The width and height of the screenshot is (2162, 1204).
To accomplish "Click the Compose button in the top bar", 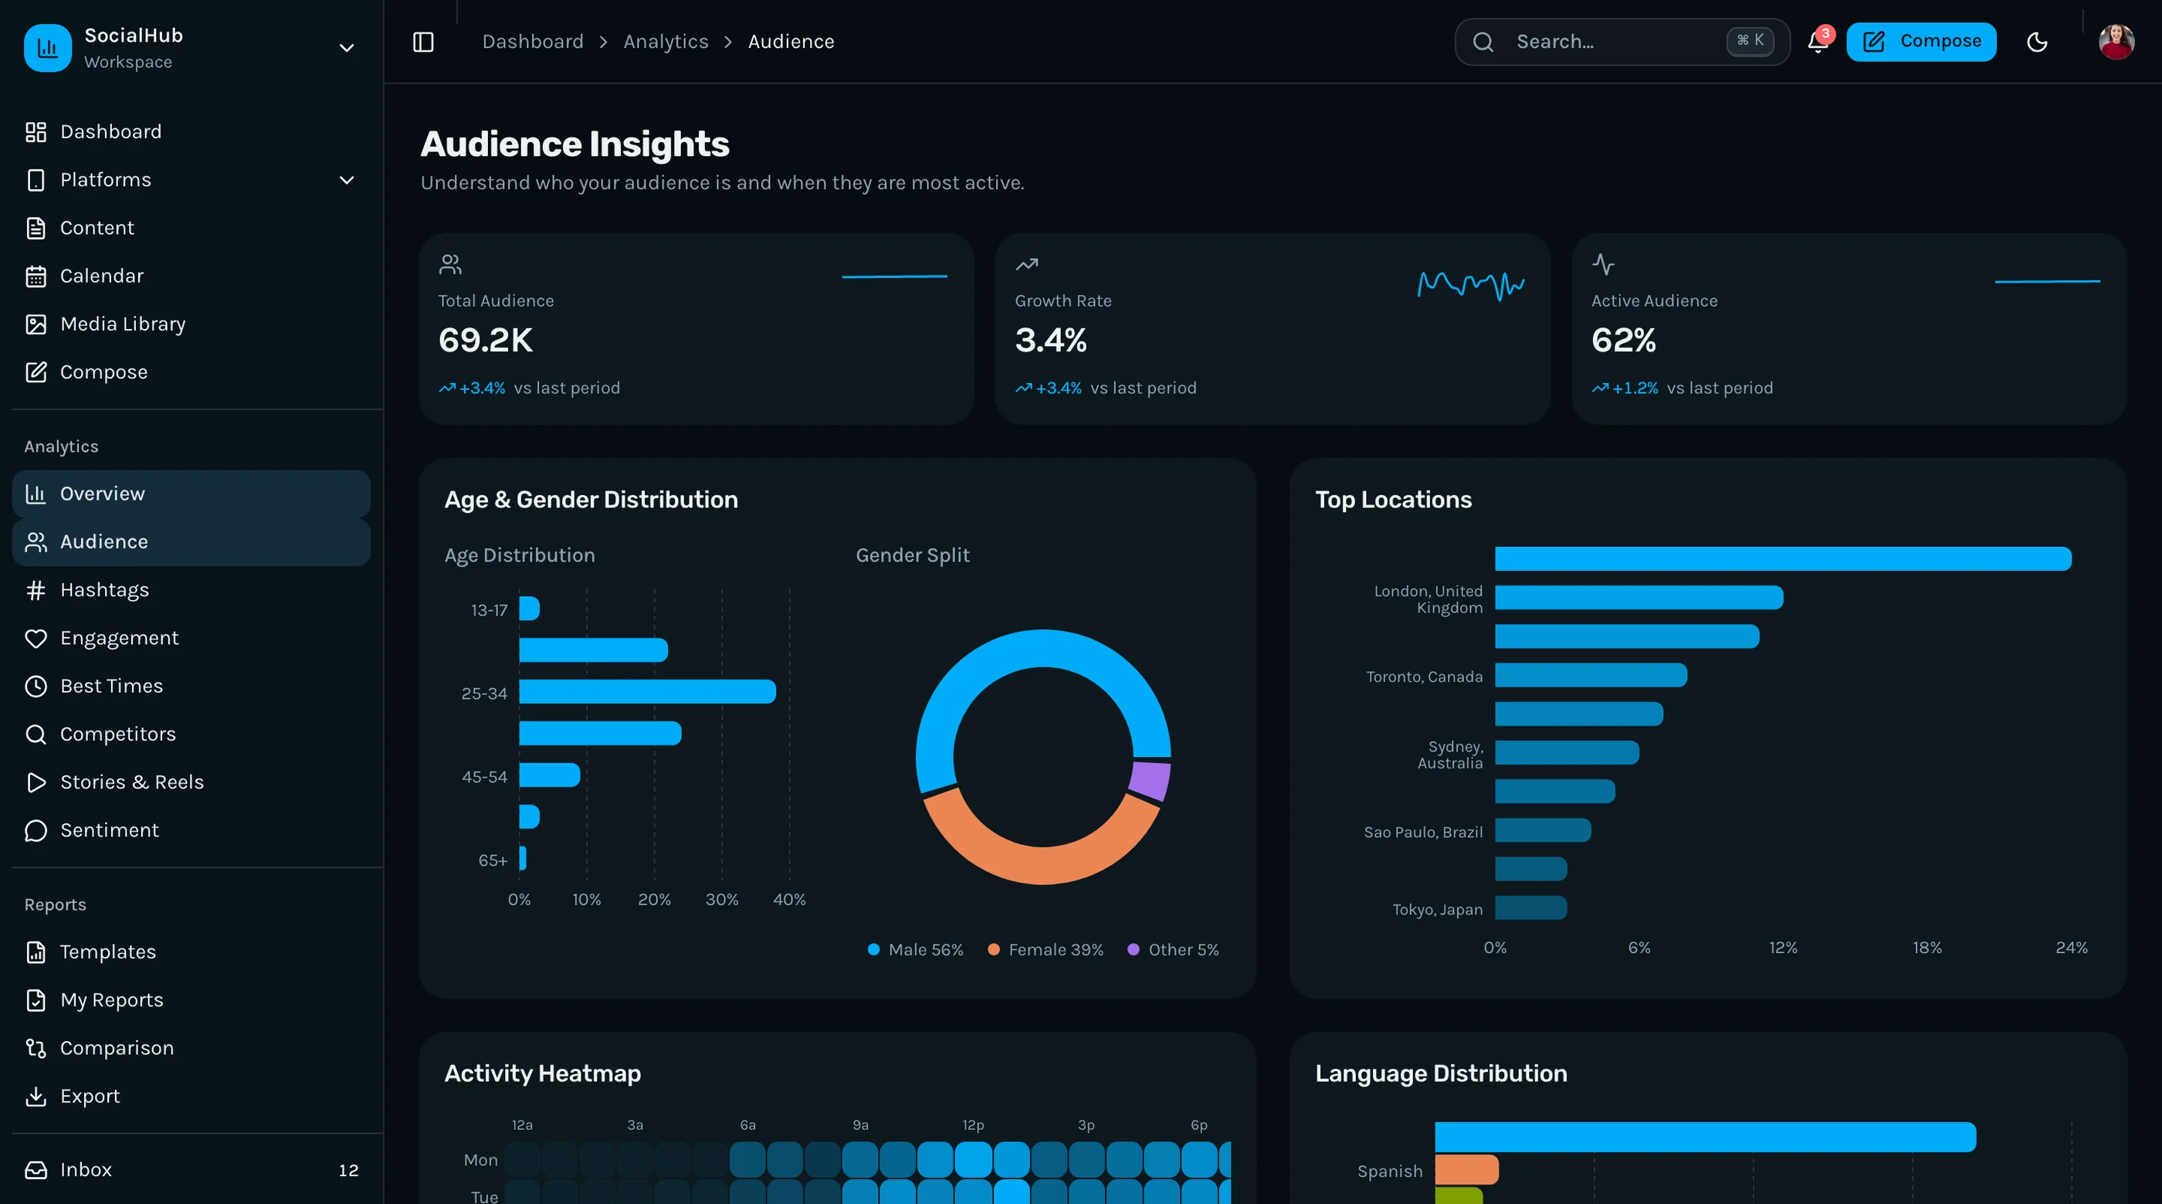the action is click(x=1920, y=41).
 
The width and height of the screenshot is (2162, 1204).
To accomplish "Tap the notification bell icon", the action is click(x=1818, y=41).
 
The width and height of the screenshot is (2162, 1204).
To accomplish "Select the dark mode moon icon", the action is click(x=2037, y=42).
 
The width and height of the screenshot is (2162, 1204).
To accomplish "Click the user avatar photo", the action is click(x=2116, y=42).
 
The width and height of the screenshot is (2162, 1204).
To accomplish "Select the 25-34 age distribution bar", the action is click(x=647, y=692).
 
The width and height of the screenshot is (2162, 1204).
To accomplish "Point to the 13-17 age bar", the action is click(x=529, y=609).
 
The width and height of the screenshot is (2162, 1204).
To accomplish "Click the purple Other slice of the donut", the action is click(x=1150, y=780).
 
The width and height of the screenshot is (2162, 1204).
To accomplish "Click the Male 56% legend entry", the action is click(x=915, y=950).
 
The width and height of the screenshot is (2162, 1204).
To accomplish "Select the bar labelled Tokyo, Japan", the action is click(x=1530, y=907).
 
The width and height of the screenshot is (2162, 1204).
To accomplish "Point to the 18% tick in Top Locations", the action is click(x=1927, y=948).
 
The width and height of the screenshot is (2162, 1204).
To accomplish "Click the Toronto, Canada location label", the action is click(x=1425, y=677).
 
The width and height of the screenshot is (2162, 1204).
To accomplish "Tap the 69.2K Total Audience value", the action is click(x=485, y=340).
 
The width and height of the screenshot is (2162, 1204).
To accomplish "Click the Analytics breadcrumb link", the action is click(x=666, y=41).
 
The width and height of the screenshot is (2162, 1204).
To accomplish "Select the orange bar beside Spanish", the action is click(x=1466, y=1169).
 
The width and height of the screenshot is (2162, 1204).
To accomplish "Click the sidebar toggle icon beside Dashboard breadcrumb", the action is click(x=423, y=42).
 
